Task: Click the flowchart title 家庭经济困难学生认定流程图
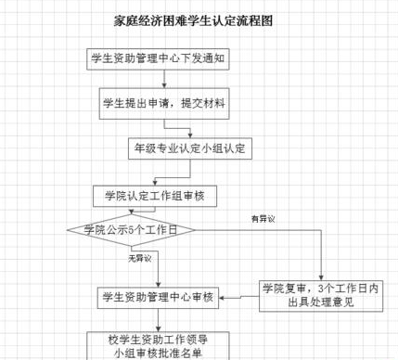[198, 19]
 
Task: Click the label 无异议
[139, 257]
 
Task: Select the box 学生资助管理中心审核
[155, 297]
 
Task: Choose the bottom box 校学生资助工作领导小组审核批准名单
[155, 345]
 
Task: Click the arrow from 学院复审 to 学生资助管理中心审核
[238, 297]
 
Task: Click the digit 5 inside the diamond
[130, 228]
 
